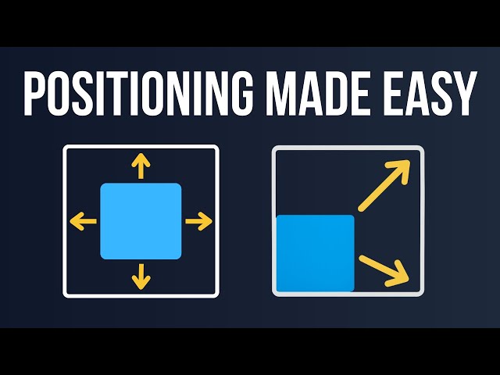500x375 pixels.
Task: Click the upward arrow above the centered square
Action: (x=141, y=166)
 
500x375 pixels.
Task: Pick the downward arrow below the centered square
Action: (x=141, y=275)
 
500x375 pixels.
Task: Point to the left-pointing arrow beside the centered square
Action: (x=84, y=221)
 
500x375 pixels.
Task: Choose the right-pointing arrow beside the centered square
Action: (x=198, y=221)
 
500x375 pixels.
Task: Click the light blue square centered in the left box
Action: (x=141, y=221)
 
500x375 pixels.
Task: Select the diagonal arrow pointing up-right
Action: (x=384, y=185)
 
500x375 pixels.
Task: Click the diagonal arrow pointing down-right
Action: (x=384, y=268)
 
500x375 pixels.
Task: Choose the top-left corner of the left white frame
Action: (x=65, y=147)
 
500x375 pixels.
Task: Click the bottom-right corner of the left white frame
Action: (x=217, y=295)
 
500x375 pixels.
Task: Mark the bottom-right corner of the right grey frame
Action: (x=423, y=294)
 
